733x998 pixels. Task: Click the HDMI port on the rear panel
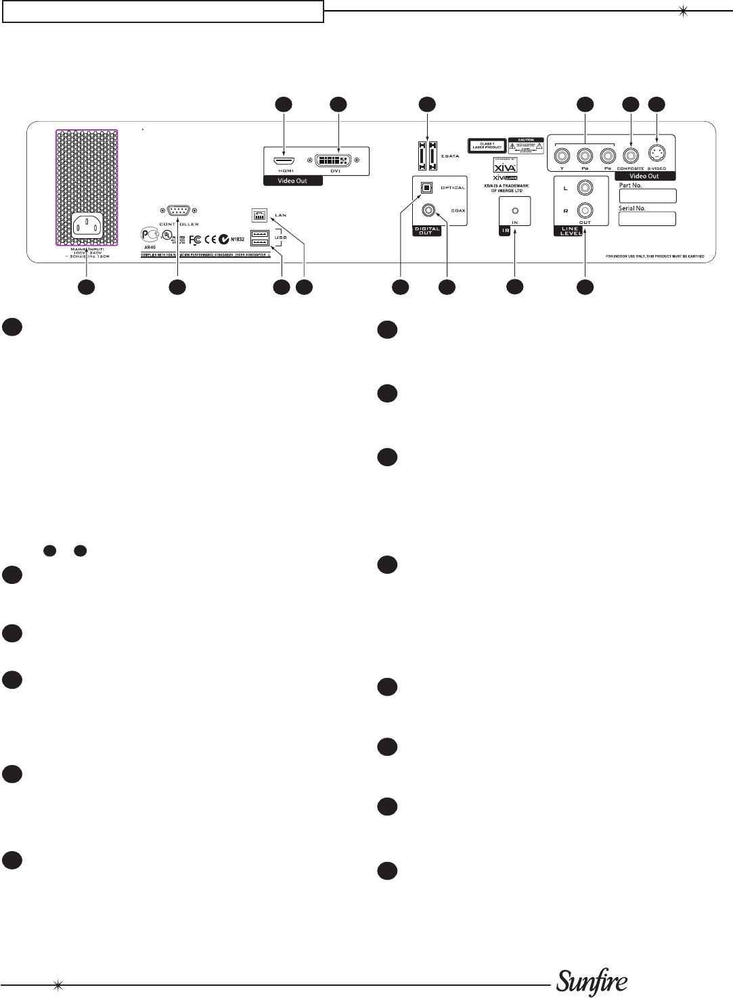284,162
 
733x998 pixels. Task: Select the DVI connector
333,161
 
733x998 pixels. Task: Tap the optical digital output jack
426,187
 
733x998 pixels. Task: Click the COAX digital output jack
428,210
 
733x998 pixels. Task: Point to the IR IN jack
515,210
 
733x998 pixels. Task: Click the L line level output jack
584,187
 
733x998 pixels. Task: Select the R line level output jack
584,210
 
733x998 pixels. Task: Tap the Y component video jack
562,156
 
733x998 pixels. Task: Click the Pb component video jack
585,156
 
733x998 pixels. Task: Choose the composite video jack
631,156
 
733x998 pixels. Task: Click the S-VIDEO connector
657,153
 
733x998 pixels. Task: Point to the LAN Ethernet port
259,214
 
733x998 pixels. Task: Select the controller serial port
178,211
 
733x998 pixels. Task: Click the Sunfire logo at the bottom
592,982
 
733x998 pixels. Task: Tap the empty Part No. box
647,196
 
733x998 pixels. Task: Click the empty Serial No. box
647,219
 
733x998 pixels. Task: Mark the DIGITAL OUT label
427,231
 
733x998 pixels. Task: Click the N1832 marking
238,239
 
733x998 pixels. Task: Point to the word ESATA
450,156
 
